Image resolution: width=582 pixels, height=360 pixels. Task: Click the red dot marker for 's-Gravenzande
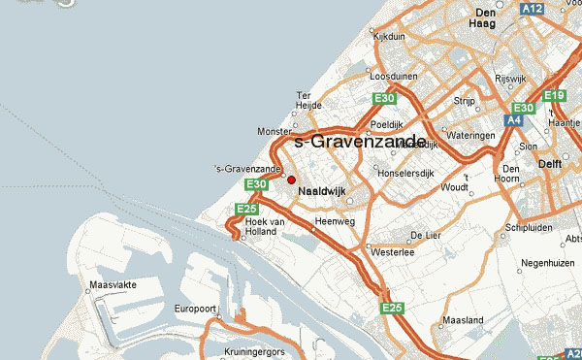coord(291,180)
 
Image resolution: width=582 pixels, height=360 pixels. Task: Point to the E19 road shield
coord(554,95)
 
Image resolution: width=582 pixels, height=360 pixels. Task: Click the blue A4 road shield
coord(514,121)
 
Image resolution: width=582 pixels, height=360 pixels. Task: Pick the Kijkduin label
coord(389,36)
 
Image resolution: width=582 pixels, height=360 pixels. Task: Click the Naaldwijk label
coord(322,191)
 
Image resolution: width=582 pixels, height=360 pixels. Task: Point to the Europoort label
coord(194,309)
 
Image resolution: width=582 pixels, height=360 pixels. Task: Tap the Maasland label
coord(463,319)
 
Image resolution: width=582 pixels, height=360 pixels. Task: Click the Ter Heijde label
coord(307,101)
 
